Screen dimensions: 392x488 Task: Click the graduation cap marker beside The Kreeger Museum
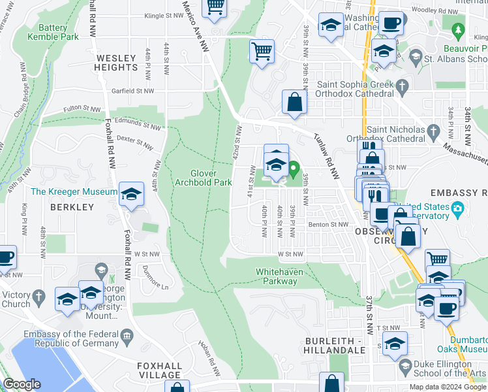pos(131,193)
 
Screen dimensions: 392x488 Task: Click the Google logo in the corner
pos(22,384)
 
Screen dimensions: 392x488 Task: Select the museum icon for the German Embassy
pos(127,336)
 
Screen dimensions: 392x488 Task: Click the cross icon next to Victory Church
pos(38,299)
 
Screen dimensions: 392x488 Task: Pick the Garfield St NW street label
pos(133,91)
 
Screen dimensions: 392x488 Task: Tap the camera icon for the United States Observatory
pos(458,208)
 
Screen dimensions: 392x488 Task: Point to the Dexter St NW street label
pos(135,140)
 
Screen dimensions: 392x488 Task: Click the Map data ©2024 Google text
pos(448,387)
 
